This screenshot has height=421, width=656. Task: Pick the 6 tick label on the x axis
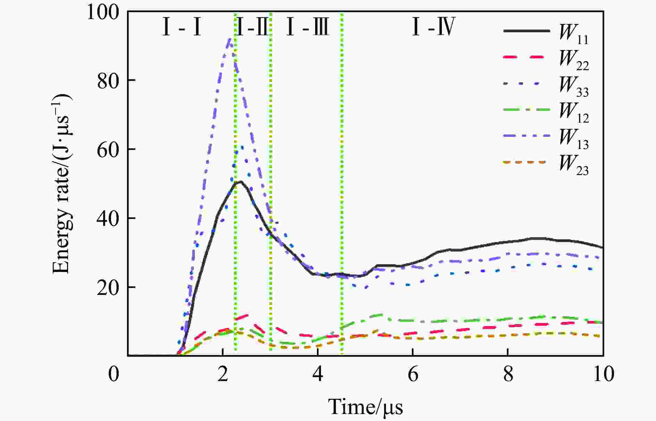[x=413, y=374]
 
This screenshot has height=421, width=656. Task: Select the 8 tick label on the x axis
[x=508, y=374]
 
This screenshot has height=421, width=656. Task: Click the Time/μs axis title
[x=365, y=406]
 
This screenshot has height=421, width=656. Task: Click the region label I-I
[x=182, y=28]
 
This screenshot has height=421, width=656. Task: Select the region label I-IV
[x=434, y=28]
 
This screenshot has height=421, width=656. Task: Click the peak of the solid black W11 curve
[x=239, y=181]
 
